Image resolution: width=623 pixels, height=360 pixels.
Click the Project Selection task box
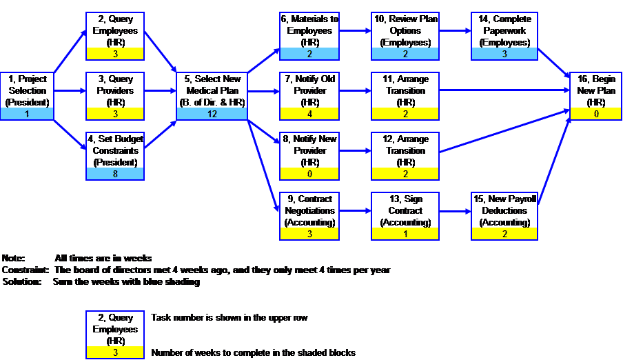tap(27, 96)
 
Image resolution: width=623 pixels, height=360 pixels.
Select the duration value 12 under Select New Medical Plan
tap(212, 114)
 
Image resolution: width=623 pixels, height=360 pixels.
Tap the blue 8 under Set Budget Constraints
tap(115, 174)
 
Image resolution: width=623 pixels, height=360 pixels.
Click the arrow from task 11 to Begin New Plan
tap(504, 90)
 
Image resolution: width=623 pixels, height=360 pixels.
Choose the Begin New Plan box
tap(595, 96)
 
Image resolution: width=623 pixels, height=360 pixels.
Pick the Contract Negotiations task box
tap(309, 216)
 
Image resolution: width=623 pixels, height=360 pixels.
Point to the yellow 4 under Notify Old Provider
tap(309, 114)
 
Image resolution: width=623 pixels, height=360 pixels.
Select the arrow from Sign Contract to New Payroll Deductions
tap(456, 211)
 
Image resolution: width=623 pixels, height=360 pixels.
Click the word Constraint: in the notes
tap(25, 270)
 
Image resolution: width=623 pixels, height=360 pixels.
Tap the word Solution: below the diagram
tap(22, 281)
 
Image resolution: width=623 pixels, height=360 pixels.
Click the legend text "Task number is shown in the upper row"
tap(229, 317)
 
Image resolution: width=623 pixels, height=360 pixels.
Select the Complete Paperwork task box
tap(504, 36)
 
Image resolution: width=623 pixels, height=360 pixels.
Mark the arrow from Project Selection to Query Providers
tap(70, 91)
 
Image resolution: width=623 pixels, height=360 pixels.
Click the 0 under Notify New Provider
tap(309, 174)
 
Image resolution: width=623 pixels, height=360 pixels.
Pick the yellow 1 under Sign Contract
tap(405, 234)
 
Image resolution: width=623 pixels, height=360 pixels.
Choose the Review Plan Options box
tap(405, 36)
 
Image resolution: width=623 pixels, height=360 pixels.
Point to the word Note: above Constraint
tap(13, 258)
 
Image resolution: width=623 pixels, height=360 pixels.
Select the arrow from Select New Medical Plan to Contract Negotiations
tap(263, 166)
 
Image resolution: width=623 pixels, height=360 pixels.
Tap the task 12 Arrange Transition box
tap(405, 156)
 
